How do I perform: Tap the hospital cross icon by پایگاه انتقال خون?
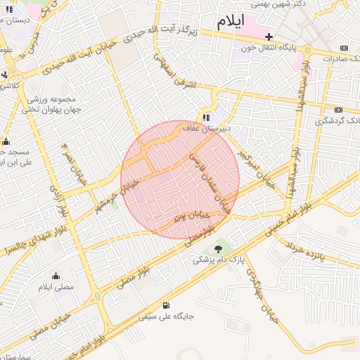tap(269, 37)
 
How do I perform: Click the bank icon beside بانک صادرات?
tap(343, 48)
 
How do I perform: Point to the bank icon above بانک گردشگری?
tap(340, 110)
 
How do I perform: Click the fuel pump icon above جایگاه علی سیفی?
tap(166, 305)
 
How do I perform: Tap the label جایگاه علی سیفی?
tap(166, 316)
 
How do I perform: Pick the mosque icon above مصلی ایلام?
tap(56, 276)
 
